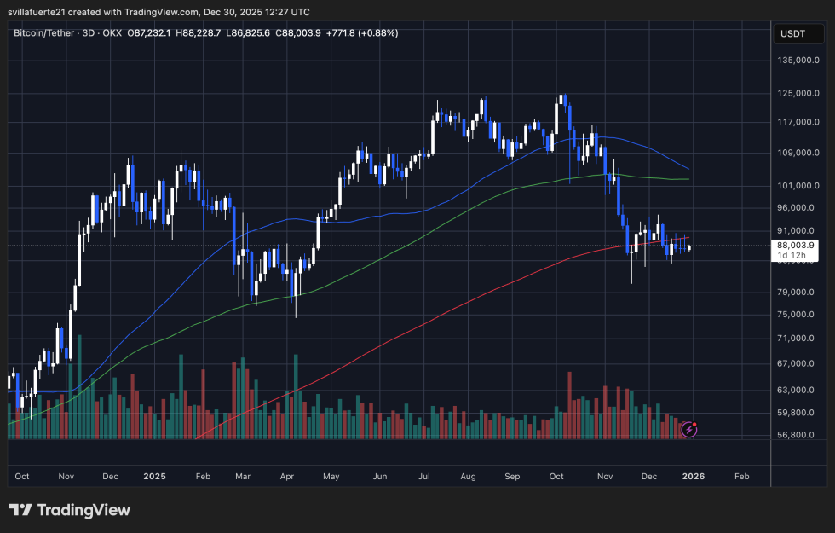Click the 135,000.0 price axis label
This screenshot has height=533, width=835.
pos(799,61)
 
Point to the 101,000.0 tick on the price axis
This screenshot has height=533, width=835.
pos(799,185)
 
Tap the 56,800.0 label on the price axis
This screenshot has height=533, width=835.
pos(799,435)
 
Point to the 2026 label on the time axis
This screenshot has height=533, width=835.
pos(689,476)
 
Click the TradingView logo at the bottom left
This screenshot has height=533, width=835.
pos(70,510)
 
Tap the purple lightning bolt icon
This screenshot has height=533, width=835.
pos(689,430)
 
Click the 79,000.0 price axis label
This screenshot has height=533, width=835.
pos(799,293)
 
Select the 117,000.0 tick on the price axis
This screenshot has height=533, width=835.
pos(799,122)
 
